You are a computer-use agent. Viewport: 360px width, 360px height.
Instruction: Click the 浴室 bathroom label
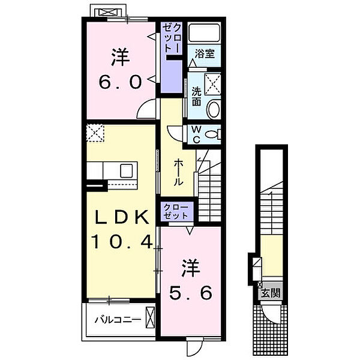(205, 53)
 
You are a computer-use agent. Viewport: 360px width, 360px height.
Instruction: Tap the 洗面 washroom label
(196, 97)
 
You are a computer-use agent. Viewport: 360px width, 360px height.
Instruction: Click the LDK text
(119, 218)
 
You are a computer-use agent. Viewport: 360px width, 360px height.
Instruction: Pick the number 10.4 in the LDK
(123, 242)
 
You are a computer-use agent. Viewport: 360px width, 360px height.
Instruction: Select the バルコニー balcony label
(117, 319)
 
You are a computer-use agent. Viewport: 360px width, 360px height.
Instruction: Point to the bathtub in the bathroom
(205, 34)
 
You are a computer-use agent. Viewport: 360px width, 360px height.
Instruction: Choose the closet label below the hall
(176, 211)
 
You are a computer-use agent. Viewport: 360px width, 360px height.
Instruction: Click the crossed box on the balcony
(150, 316)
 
